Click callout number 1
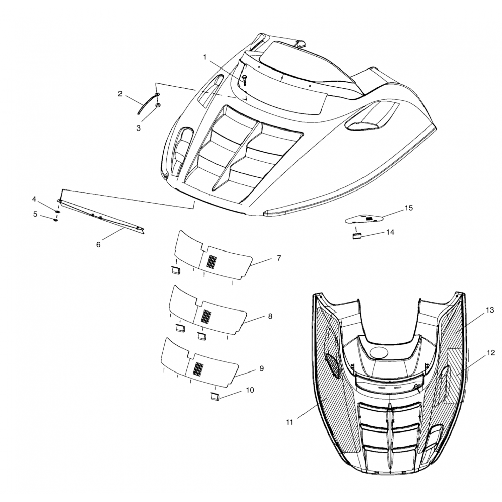coord(205,57)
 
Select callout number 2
coord(120,94)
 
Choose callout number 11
coord(289,422)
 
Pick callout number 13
coord(490,310)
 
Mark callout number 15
coord(409,208)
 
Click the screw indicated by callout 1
coord(245,80)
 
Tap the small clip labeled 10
coord(214,397)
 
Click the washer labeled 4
coord(57,212)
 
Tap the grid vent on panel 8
coord(206,316)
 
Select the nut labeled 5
coord(55,220)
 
